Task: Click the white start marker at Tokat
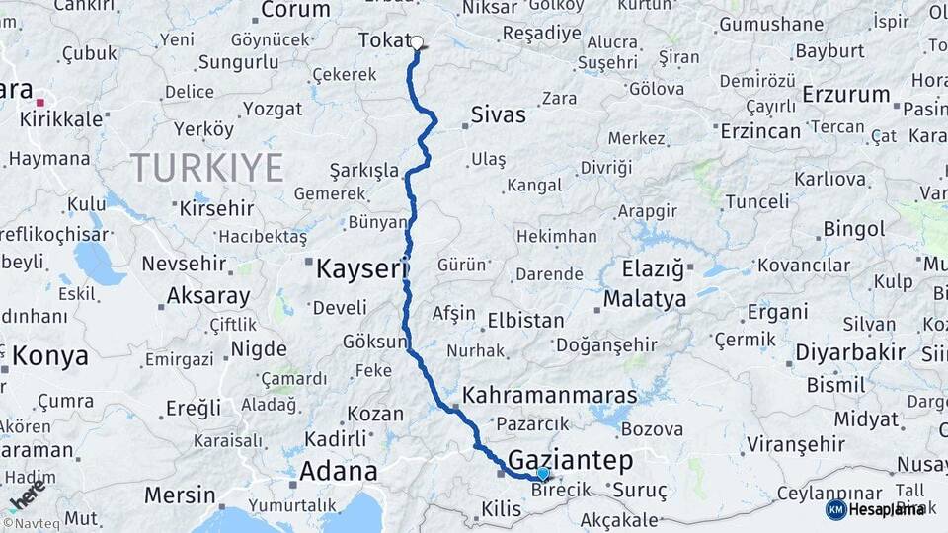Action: coord(417,42)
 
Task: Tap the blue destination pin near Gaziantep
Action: coord(542,475)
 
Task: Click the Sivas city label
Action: coord(499,114)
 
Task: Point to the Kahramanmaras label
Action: coord(550,395)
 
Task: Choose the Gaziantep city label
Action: coord(570,460)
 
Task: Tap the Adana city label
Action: coord(339,471)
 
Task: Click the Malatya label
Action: coord(645,298)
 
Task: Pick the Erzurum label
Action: coord(846,95)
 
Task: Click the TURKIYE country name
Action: coord(206,167)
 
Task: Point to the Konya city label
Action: coord(49,356)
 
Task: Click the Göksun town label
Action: coord(374,342)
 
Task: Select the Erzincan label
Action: coord(760,130)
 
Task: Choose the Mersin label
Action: coord(180,495)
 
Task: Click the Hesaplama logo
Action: coord(874,509)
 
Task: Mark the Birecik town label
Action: coord(561,490)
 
